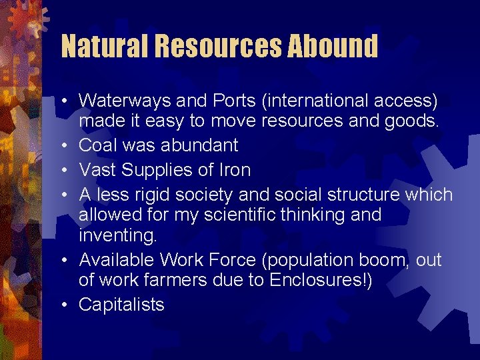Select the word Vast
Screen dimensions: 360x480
[x=97, y=170]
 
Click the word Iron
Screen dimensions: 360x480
[x=234, y=170]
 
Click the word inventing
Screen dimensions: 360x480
[x=114, y=237]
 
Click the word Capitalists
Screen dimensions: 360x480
[x=121, y=305]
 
